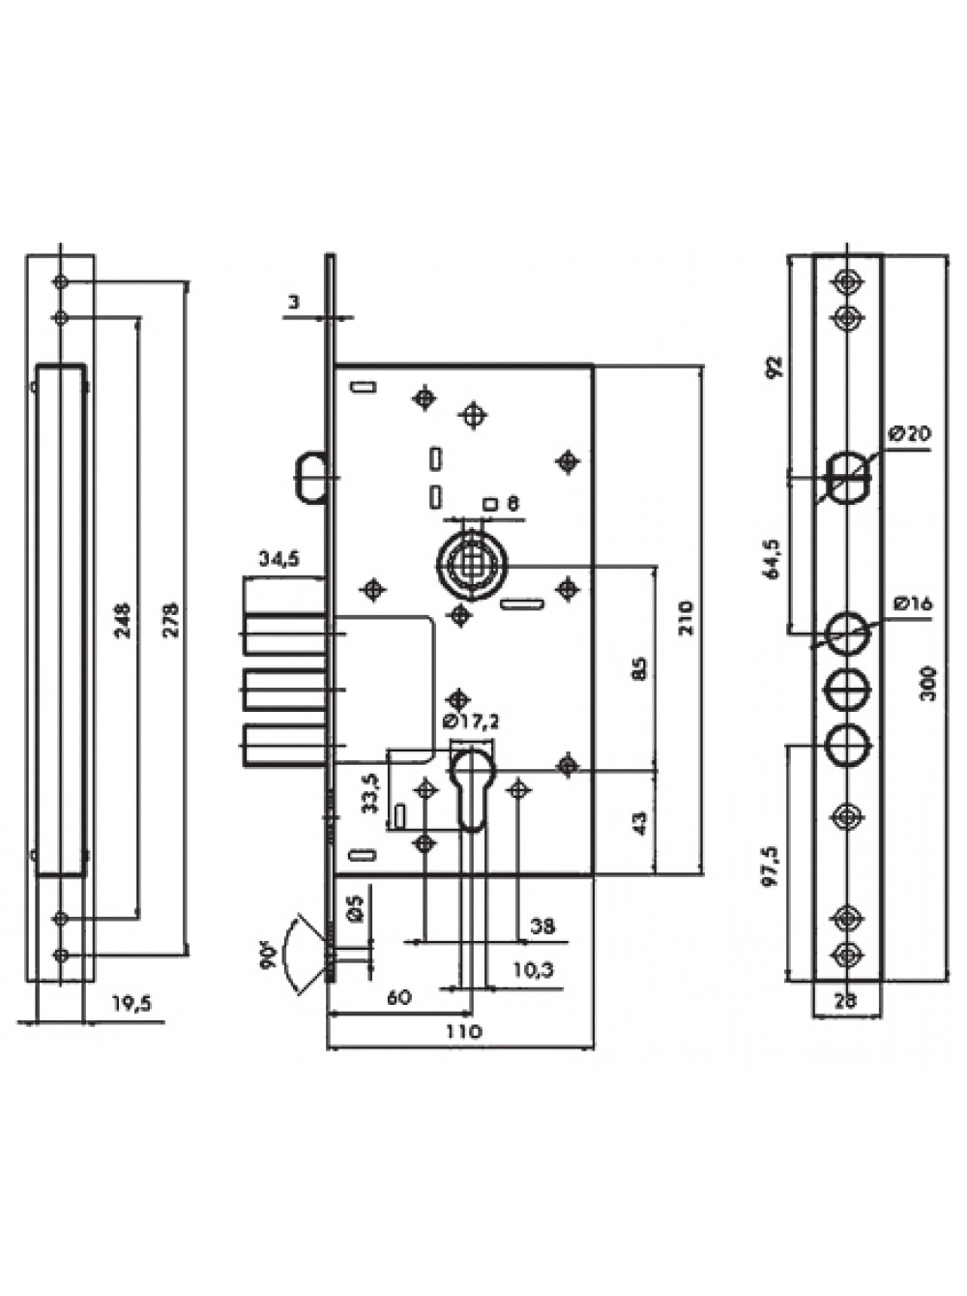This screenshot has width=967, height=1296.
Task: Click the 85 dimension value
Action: pyautogui.click(x=640, y=668)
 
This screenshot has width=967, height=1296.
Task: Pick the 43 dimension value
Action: pyautogui.click(x=640, y=823)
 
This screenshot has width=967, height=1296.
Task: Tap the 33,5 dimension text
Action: pyautogui.click(x=371, y=795)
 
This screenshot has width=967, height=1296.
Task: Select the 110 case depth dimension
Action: pyautogui.click(x=463, y=1032)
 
